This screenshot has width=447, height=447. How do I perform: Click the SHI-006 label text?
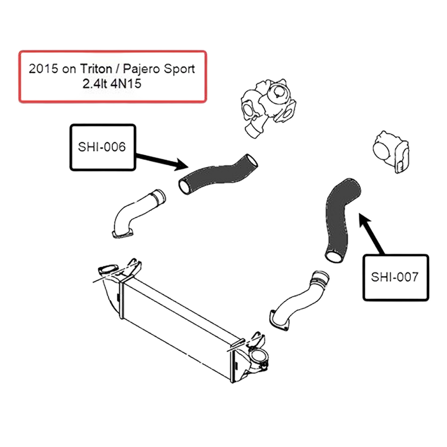[x=102, y=147]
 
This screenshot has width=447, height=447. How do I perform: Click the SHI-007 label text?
[x=395, y=277]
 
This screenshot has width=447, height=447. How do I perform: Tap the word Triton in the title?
[x=96, y=69]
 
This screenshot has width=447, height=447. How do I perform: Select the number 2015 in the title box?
[x=43, y=69]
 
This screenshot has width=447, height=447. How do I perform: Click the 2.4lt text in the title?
[x=95, y=84]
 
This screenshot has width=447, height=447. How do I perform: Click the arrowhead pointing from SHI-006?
[x=181, y=165]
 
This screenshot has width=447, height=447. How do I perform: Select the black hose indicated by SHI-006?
[x=218, y=174]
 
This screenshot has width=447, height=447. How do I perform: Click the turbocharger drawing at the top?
[x=268, y=108]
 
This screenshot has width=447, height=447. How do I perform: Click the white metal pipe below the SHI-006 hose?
[x=137, y=214]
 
